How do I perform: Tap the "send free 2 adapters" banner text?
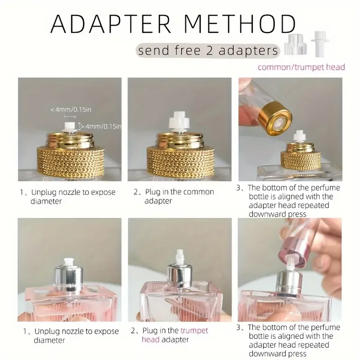click(x=208, y=50)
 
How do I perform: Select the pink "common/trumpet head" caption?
click(x=301, y=67)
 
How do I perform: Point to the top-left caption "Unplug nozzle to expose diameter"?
click(x=67, y=197)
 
